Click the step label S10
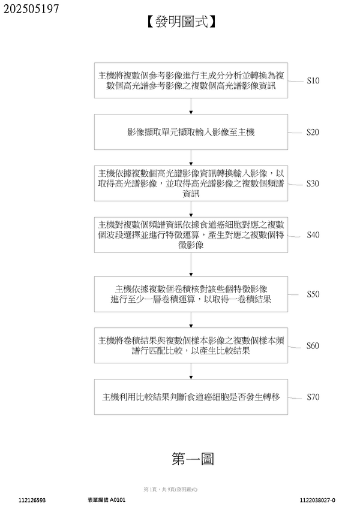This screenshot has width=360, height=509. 313,80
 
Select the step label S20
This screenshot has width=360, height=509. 313,131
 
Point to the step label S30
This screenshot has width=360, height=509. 313,183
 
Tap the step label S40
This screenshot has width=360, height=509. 313,235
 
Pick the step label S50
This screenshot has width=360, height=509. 313,294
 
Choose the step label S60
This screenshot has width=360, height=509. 313,346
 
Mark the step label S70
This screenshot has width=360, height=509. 313,397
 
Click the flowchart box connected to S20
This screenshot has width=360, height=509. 191,131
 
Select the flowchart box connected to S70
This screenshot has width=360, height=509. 191,397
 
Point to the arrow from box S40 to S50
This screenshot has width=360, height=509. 191,267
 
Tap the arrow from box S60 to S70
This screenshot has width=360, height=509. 191,371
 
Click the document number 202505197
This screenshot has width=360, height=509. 31,8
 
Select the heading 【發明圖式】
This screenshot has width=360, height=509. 179,23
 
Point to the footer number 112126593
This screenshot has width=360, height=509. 32,499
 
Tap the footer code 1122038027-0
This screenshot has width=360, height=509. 317,499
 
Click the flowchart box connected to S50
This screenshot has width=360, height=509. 191,294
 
